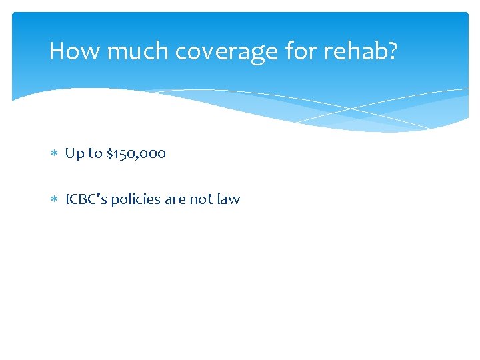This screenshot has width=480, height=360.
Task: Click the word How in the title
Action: coord(70,51)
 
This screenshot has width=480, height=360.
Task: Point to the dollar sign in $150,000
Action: coord(110,154)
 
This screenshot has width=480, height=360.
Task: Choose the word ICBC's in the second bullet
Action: coord(86,199)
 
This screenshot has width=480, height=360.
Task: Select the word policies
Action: coord(136,199)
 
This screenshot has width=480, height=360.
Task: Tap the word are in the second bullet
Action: coord(176,200)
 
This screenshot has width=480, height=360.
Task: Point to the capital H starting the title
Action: coord(57,51)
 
